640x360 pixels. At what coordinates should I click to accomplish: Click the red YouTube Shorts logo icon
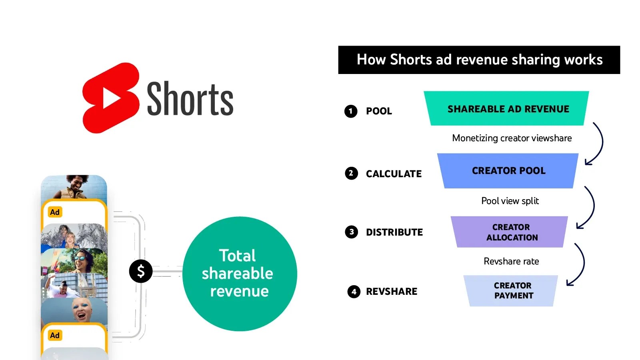point(110,98)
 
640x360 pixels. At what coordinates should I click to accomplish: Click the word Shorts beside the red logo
point(190,99)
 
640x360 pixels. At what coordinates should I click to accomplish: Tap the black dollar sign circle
point(141,271)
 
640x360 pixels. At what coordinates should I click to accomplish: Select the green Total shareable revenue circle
point(239,274)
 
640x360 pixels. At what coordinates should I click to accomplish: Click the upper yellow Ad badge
point(55,212)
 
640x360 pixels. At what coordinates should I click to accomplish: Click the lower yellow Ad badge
point(55,335)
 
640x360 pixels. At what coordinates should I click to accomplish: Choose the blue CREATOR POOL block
point(508,171)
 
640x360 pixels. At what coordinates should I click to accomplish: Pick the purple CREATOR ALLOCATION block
point(510,232)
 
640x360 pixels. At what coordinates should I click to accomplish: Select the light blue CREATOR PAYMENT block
point(512,291)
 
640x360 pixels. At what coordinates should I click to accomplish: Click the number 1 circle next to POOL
point(351,111)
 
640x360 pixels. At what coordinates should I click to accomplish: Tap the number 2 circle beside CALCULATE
point(351,173)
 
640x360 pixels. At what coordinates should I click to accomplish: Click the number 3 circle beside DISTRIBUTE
point(352,232)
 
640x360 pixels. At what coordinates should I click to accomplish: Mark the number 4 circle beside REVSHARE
point(354,292)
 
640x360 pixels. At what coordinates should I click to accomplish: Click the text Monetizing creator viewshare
point(512,138)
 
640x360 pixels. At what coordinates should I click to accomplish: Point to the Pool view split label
point(510,201)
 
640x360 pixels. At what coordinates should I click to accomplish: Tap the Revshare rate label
point(511,261)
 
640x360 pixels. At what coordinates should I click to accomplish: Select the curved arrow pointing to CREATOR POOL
point(597,144)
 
